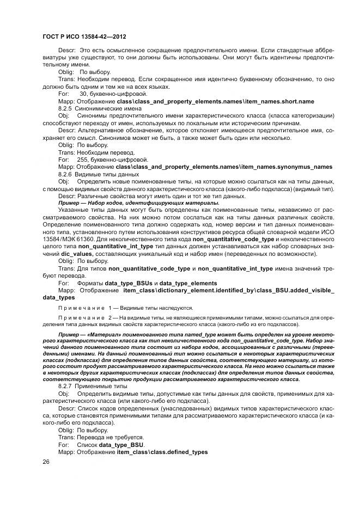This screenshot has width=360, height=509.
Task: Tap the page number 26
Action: click(x=46, y=462)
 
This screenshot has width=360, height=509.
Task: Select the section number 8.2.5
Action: click(x=65, y=108)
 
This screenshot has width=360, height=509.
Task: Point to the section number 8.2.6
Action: click(x=65, y=174)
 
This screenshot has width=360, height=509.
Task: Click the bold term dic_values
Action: click(x=76, y=254)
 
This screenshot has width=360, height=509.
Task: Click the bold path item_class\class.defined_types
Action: click(x=162, y=451)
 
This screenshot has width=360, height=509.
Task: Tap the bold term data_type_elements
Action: click(x=188, y=283)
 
